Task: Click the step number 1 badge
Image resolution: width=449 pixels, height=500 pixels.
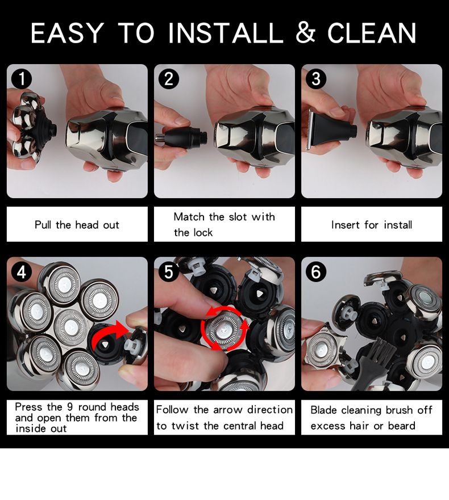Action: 22,79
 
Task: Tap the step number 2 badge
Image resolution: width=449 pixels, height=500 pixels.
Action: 169,79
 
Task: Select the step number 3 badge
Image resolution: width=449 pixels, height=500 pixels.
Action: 316,79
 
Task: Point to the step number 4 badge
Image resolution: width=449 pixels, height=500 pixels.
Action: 22,272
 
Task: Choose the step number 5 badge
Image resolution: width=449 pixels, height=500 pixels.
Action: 169,272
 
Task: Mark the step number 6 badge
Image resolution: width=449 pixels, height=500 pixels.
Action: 316,272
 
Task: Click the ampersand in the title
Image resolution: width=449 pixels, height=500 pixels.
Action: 306,32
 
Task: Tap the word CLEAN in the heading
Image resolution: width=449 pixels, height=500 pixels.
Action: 372,32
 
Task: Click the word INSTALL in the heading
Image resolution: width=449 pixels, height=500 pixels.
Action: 226,32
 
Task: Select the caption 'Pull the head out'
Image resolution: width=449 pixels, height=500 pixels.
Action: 77,225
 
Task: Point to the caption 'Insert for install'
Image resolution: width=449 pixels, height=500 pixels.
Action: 372,225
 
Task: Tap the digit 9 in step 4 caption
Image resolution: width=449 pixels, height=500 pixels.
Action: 70,407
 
